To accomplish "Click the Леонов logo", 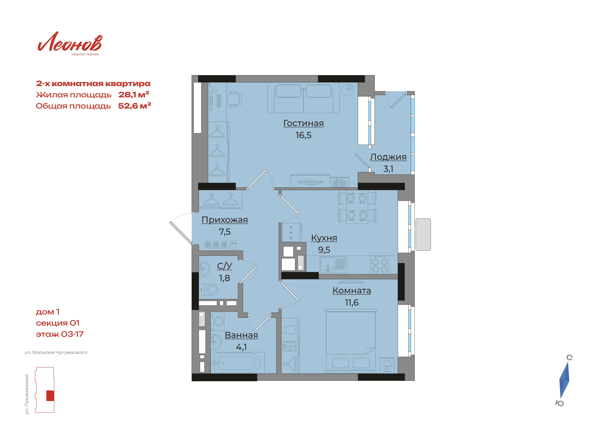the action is tap(70, 43).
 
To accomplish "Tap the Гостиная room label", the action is tap(304, 123).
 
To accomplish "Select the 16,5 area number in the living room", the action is tap(304, 135).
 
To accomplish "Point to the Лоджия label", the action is tap(388, 157).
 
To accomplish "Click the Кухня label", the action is tap(324, 238).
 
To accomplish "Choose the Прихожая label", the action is tap(225, 220).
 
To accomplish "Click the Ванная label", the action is tap(241, 335).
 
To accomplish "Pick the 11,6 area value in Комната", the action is tap(352, 303).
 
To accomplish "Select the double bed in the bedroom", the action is tap(351, 341).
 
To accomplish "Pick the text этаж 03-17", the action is tap(60, 334).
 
